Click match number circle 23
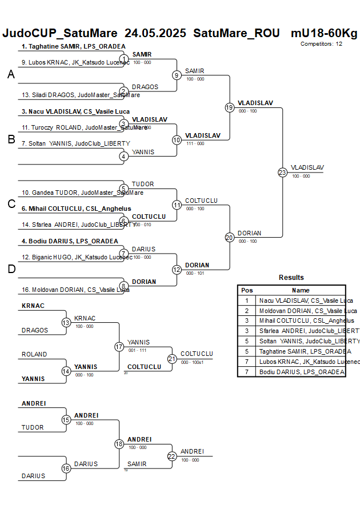click(x=282, y=172)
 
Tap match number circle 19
click(x=229, y=107)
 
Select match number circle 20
click(x=229, y=237)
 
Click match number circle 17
click(x=119, y=346)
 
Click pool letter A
click(x=11, y=75)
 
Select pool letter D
click(x=11, y=270)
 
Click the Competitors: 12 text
click(x=322, y=43)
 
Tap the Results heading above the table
click(x=291, y=278)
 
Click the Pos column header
click(x=247, y=290)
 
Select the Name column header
click(x=301, y=290)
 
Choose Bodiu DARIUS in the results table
click(x=302, y=372)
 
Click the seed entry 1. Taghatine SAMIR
click(x=73, y=46)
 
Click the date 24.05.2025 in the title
click(x=155, y=33)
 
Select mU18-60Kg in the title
click(x=323, y=33)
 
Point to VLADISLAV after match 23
click(x=307, y=167)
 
